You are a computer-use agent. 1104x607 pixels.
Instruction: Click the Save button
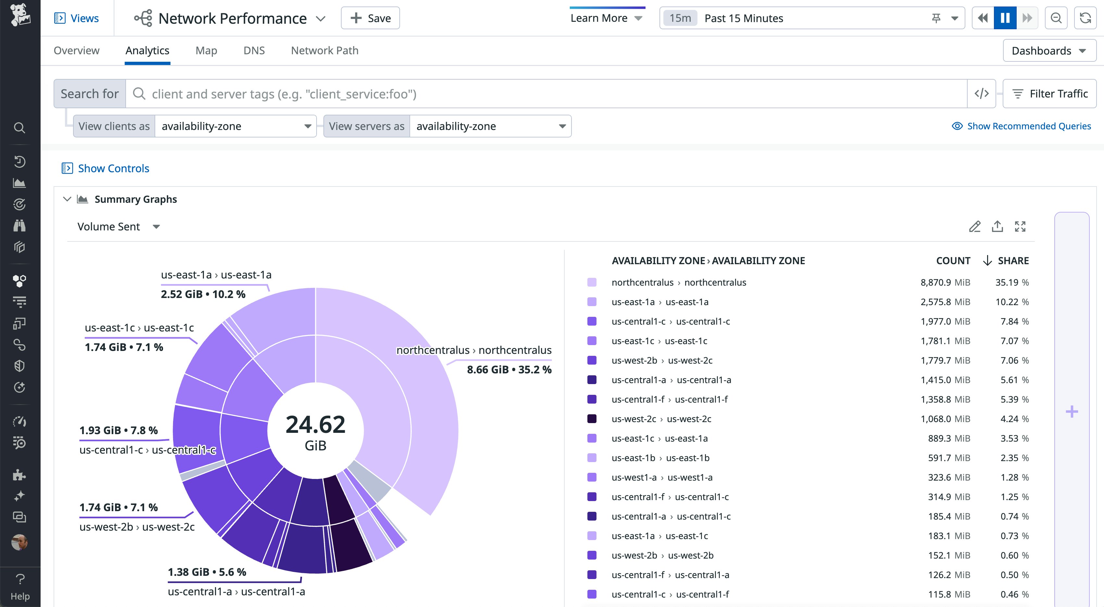(x=370, y=18)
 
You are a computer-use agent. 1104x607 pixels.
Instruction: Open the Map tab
(x=206, y=51)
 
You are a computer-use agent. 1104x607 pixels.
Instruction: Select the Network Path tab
(x=324, y=51)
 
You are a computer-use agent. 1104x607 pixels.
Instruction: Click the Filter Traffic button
(x=1049, y=94)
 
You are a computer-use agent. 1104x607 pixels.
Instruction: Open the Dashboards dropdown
(x=1049, y=51)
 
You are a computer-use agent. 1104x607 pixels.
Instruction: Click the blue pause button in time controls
(x=1005, y=18)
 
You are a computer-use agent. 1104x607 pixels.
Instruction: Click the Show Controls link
(x=113, y=168)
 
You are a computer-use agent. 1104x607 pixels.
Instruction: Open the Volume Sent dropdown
(x=118, y=226)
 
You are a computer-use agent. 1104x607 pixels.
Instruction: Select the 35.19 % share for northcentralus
(x=1011, y=282)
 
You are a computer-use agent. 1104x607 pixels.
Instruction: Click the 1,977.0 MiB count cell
(x=945, y=321)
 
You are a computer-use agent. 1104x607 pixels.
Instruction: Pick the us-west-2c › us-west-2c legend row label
(x=661, y=419)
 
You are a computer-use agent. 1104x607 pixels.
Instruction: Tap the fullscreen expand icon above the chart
(x=1020, y=226)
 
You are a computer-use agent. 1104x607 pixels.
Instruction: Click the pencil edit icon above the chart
(x=974, y=226)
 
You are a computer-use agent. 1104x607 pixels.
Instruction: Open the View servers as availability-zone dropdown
(x=490, y=126)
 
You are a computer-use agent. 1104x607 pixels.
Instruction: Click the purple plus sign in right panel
(x=1072, y=412)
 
